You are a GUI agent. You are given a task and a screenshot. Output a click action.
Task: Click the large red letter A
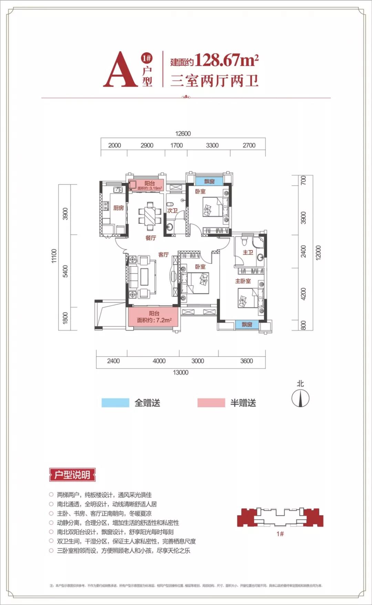120,70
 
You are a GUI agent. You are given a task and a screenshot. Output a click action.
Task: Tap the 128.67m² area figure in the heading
226,61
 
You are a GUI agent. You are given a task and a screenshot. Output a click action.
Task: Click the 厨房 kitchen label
118,208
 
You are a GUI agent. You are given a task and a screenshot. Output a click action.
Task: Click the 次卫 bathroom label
172,210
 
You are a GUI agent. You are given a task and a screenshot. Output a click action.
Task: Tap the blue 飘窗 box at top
209,181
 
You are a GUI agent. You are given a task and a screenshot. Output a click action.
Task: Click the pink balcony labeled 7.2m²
154,317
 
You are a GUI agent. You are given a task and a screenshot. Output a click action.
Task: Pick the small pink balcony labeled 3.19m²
146,185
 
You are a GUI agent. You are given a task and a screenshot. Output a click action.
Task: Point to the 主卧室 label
243,281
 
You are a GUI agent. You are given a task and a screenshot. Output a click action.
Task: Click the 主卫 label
248,252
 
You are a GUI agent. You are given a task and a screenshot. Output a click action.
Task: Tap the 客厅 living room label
163,255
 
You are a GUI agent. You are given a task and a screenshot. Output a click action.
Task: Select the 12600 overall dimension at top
183,134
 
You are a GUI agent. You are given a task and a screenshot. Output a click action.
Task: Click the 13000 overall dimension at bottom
180,372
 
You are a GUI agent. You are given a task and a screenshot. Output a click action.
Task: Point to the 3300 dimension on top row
212,145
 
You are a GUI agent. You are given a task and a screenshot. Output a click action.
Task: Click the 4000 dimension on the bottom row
159,361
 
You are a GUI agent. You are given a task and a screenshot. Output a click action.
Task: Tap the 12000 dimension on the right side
318,253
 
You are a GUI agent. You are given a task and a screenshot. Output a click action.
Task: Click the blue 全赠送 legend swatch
115,403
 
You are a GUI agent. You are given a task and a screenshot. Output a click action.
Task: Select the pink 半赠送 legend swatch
211,403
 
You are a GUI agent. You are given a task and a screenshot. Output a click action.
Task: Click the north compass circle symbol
300,399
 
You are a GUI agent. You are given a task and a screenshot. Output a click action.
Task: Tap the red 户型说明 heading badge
72,475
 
